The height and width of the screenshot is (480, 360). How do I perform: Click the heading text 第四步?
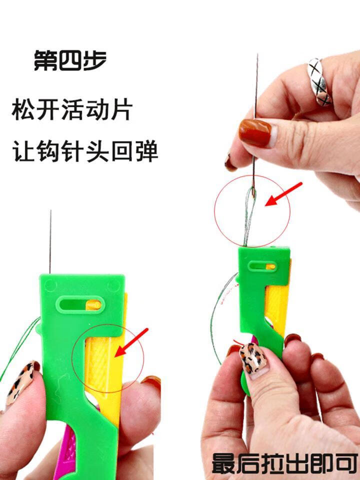[69, 60]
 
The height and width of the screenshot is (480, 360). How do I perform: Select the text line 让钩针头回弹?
[85, 150]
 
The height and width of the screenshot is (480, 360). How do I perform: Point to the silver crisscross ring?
[319, 81]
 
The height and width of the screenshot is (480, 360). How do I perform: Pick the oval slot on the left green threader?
[80, 303]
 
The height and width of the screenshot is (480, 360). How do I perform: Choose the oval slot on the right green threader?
[262, 266]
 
